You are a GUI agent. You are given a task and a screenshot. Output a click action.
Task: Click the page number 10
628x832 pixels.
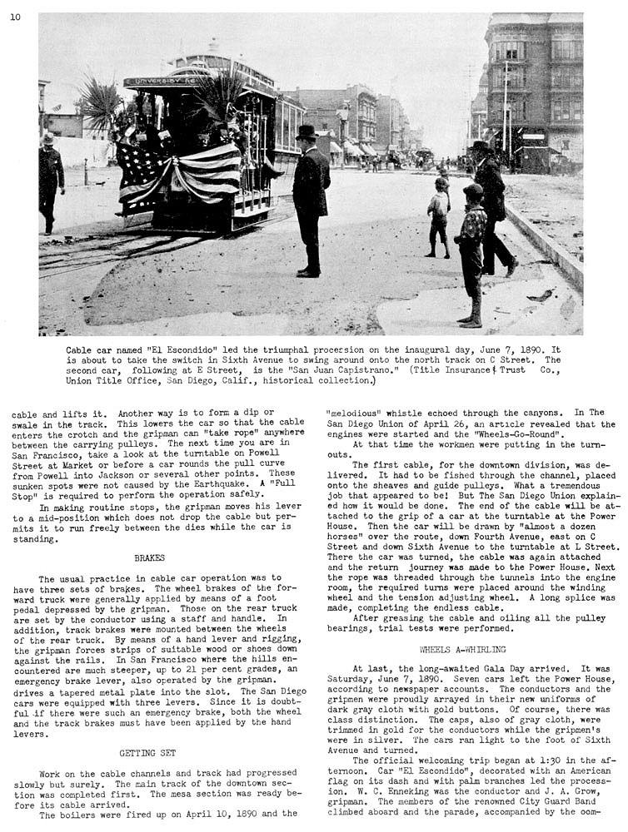click(16, 17)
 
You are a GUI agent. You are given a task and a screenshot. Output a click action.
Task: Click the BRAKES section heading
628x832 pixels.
click(150, 558)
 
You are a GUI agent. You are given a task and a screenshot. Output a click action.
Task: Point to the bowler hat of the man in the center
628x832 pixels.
click(307, 133)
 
